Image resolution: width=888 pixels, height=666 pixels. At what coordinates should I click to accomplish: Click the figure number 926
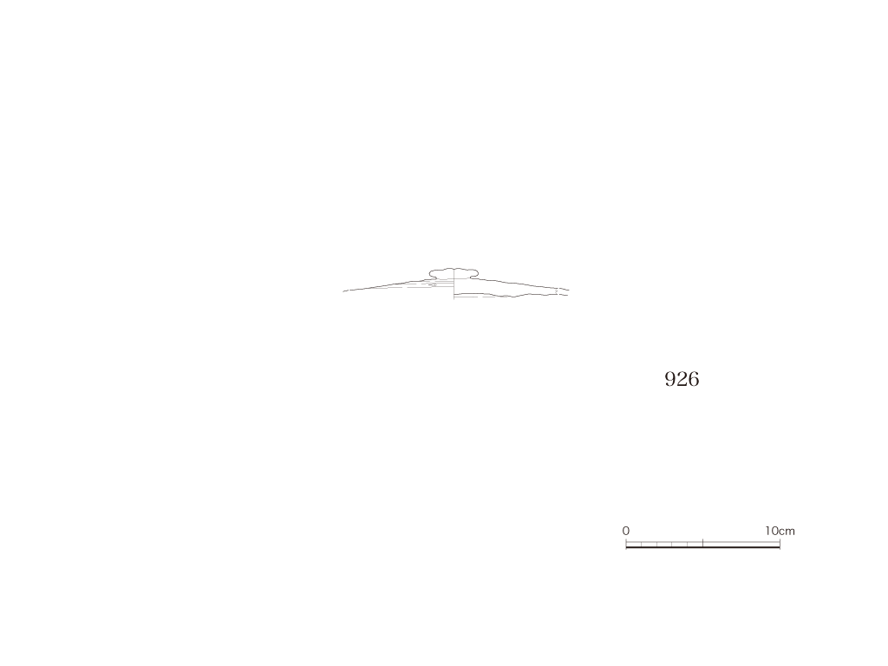(x=682, y=379)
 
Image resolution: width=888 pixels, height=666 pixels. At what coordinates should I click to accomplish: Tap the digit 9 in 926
(x=670, y=379)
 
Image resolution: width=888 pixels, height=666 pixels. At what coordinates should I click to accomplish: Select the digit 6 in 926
(x=694, y=379)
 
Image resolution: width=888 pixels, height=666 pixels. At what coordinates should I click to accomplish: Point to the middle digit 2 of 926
(x=682, y=379)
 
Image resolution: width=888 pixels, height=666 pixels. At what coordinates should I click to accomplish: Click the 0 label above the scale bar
(x=626, y=532)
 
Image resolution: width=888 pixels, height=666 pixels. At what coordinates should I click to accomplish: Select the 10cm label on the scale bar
(x=780, y=532)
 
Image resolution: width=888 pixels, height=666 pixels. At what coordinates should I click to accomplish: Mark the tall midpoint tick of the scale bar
(x=702, y=543)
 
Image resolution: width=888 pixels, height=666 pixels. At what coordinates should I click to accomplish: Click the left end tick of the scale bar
(x=626, y=544)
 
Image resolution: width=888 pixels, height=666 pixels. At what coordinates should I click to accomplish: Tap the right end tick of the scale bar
(x=780, y=544)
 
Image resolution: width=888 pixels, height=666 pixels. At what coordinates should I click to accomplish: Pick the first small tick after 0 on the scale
(x=641, y=545)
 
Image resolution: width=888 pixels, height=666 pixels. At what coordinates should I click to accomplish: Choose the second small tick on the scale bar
(x=657, y=545)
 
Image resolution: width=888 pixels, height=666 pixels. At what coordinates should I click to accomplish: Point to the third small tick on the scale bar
(x=672, y=545)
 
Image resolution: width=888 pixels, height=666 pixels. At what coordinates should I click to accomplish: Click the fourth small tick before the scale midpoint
(x=688, y=545)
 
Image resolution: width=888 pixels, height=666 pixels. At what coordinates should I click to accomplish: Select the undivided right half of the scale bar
(x=741, y=545)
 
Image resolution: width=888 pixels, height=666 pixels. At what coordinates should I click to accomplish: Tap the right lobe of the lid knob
(x=471, y=274)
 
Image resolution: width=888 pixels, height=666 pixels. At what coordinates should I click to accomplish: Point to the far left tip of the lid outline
(x=343, y=291)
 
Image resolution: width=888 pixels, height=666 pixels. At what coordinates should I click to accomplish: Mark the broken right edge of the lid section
(x=564, y=291)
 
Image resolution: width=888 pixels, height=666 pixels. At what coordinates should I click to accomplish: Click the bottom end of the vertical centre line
(x=454, y=298)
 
